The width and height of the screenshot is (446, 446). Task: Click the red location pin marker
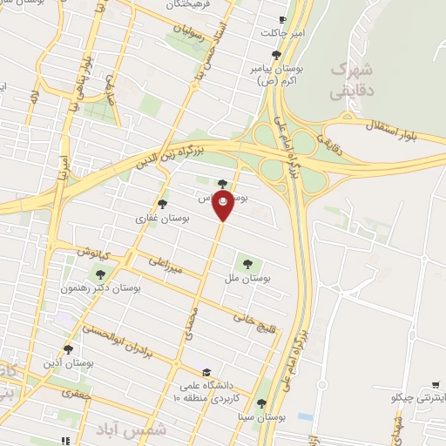pos(224,206)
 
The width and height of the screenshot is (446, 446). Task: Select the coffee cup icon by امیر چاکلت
pos(280,19)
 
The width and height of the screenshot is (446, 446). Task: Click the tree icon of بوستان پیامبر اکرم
pos(276,55)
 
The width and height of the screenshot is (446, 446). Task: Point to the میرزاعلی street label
pos(167,267)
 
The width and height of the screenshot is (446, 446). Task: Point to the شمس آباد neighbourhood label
pos(118,430)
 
